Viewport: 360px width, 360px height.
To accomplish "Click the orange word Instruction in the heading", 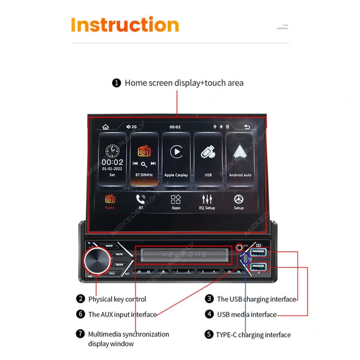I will pyautogui.click(x=125, y=25).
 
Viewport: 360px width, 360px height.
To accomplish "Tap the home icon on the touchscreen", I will pyautogui.click(x=106, y=127).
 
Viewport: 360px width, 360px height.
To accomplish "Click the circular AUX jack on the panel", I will pyautogui.click(x=240, y=247).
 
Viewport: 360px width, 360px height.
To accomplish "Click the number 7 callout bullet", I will pyautogui.click(x=80, y=334).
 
